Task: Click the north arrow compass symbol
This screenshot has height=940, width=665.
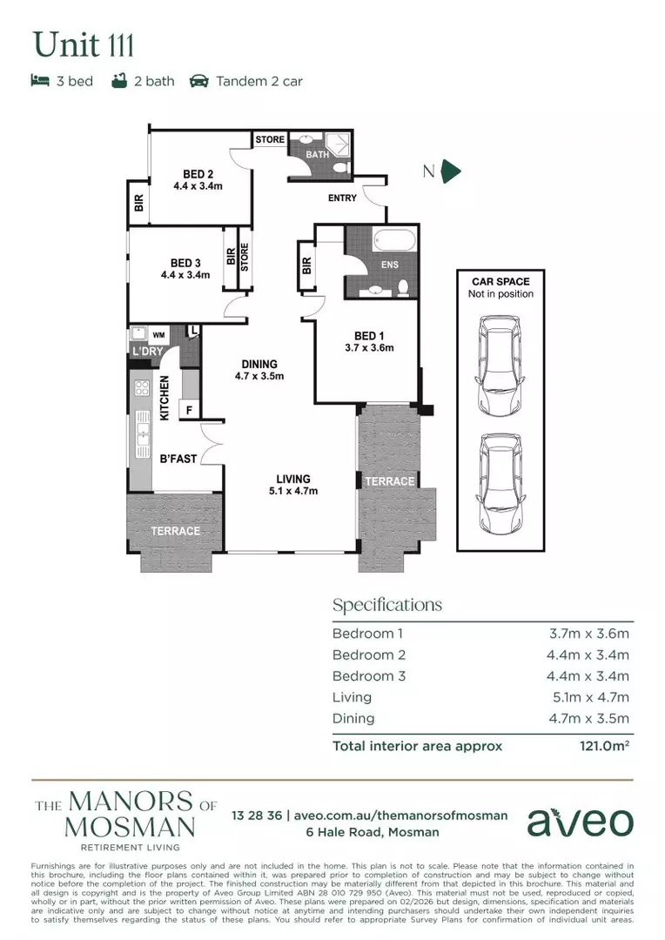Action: (x=451, y=171)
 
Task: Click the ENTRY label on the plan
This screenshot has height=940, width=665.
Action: (x=342, y=198)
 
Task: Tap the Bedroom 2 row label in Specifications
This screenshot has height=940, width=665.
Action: (x=369, y=655)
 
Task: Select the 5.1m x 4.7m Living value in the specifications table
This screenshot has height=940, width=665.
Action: (x=591, y=697)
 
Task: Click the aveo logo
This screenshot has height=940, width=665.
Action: (x=580, y=822)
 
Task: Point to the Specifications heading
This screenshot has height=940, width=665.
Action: (x=387, y=605)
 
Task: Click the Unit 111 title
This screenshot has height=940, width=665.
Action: (x=84, y=44)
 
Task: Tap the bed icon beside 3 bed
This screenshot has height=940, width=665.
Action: (x=39, y=81)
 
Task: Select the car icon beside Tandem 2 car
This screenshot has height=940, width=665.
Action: (x=198, y=81)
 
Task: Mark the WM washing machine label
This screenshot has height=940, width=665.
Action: (x=158, y=333)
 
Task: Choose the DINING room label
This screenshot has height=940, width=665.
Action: (x=259, y=364)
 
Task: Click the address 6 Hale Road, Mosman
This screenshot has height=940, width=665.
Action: (x=335, y=832)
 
